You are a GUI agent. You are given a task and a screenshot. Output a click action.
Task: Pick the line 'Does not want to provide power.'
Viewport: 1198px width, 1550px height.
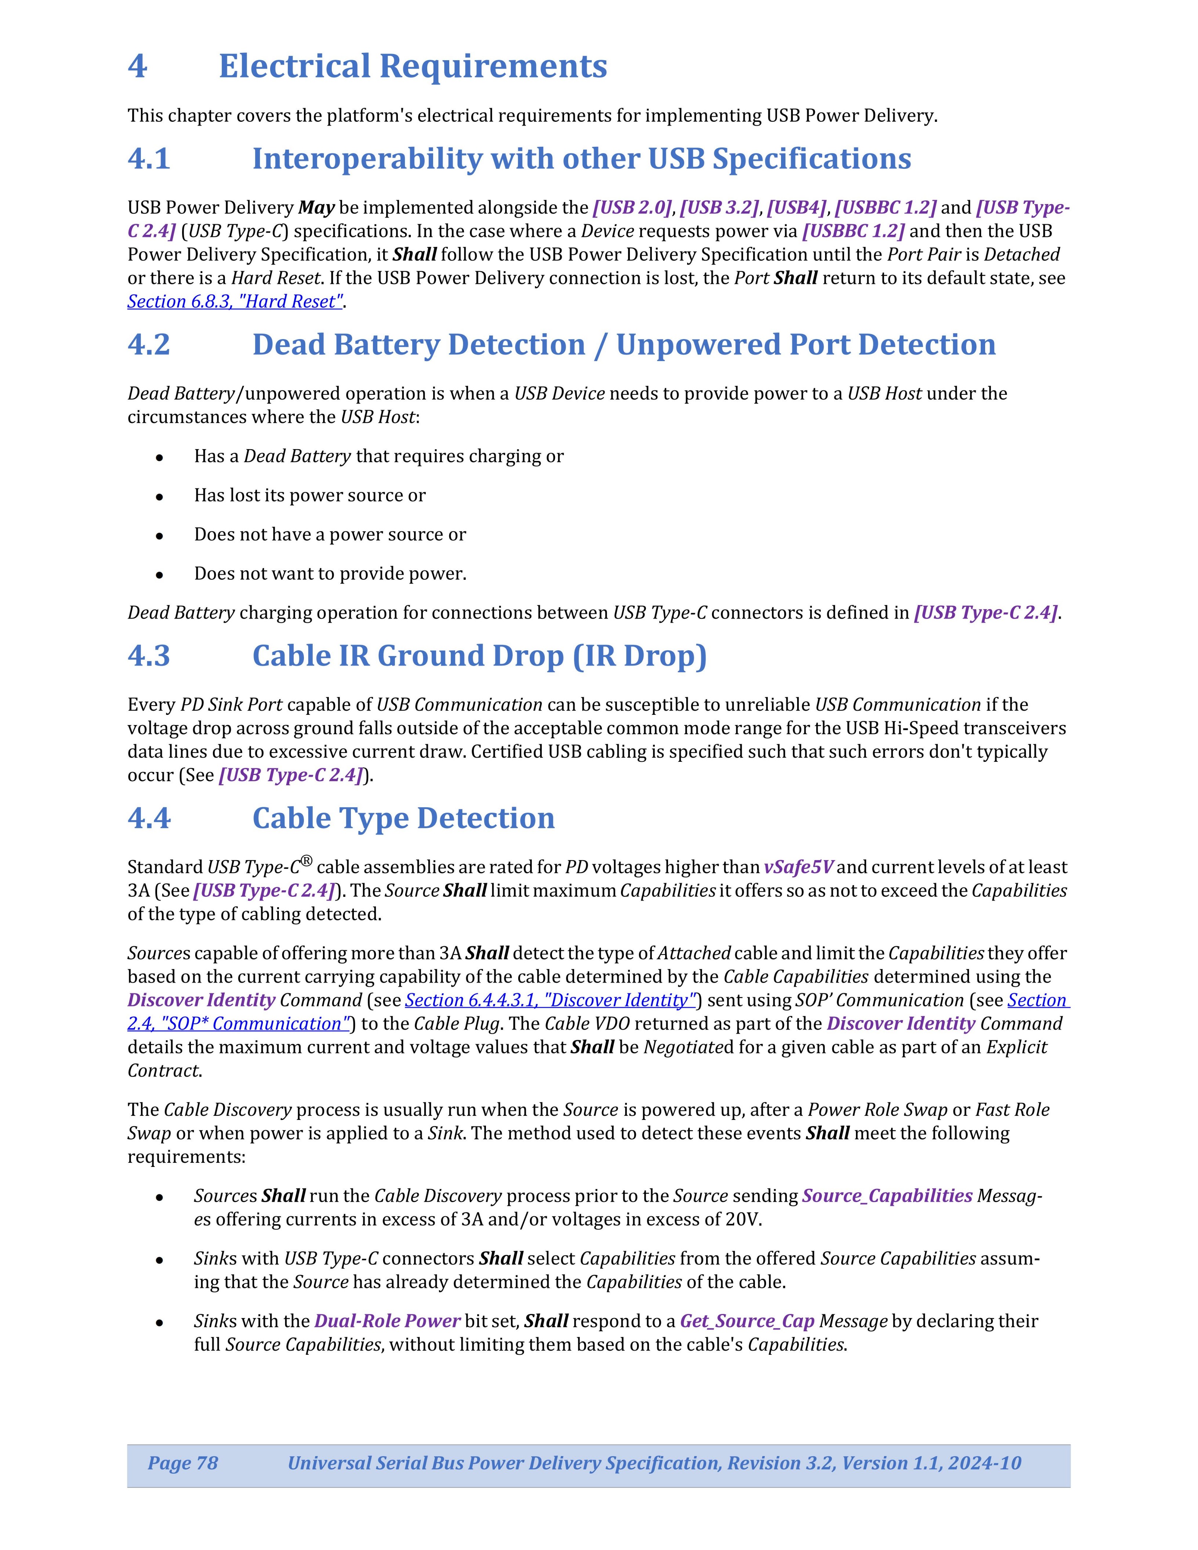[330, 574]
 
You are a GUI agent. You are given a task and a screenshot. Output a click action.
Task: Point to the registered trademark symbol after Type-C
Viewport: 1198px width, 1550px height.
[306, 862]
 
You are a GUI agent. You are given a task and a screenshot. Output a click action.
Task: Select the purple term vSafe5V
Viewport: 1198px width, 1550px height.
[798, 867]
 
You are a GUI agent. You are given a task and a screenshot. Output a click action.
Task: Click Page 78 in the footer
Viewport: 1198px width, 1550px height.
[182, 1463]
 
